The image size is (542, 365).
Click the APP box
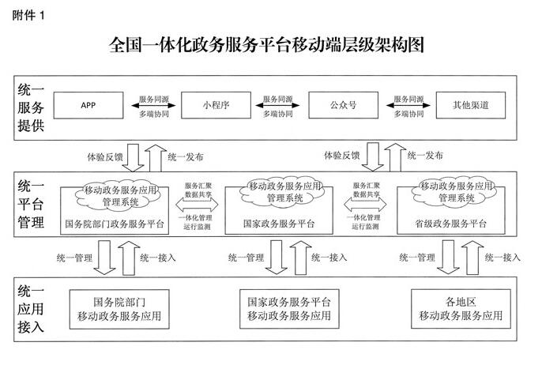[88, 105]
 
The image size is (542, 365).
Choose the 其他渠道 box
[470, 105]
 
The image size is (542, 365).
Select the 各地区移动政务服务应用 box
[461, 308]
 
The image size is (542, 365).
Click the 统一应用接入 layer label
[29, 309]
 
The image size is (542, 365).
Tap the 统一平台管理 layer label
[29, 205]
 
